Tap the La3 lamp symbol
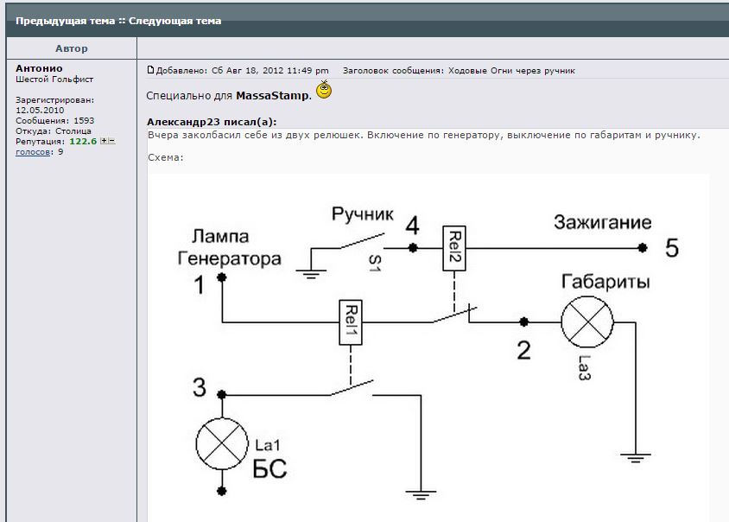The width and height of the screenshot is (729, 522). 586,323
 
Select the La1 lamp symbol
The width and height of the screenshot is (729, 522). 222,442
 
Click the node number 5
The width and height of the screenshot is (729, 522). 672,249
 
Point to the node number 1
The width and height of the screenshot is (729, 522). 200,285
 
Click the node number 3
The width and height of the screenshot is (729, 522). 200,389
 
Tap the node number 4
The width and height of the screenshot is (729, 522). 413,226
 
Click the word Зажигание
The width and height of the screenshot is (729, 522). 602,222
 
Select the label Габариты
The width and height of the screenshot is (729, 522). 605,283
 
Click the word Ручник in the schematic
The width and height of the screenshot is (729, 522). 363,213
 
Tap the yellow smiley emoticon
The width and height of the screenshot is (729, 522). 324,90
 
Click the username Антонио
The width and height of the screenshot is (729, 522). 39,68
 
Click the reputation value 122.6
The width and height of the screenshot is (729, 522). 82,141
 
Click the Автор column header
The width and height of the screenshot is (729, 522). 71,48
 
